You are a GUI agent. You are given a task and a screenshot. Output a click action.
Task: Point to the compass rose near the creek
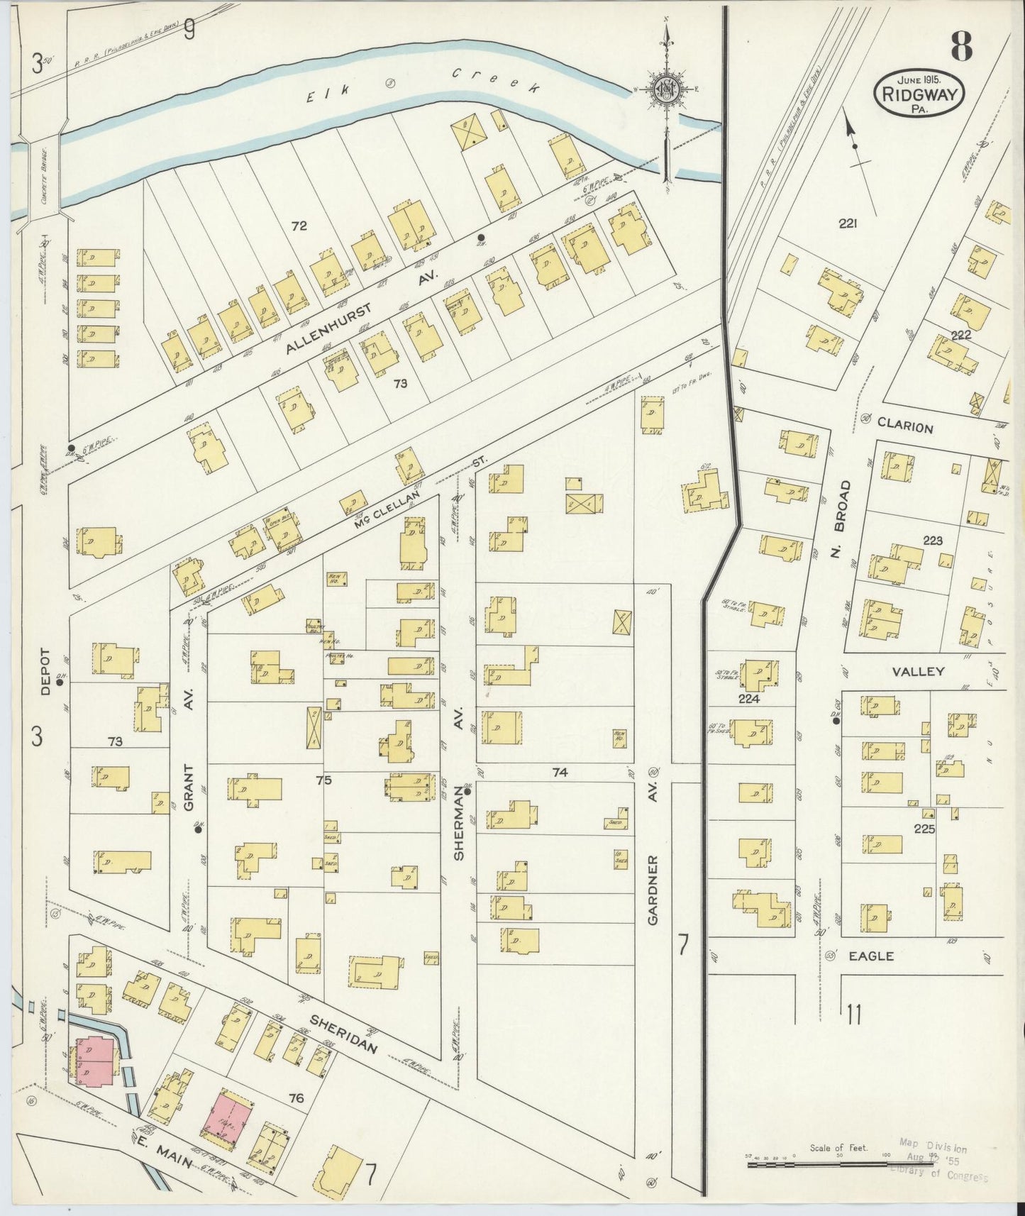pyautogui.click(x=667, y=89)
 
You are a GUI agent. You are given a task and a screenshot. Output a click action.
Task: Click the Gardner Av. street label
pyautogui.click(x=653, y=888)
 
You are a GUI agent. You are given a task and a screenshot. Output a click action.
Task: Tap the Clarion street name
pyautogui.click(x=904, y=427)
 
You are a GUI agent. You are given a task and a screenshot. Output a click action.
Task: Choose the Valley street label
pyautogui.click(x=918, y=670)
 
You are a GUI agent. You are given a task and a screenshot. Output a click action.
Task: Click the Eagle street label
pyautogui.click(x=871, y=956)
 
